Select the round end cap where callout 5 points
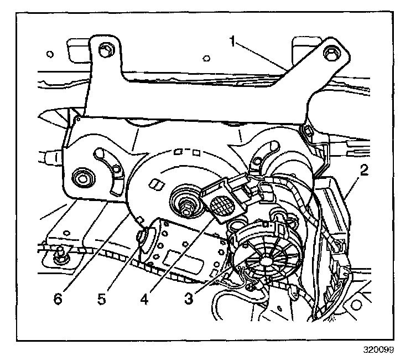coord(145,237)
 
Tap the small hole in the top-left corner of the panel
coord(50,54)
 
